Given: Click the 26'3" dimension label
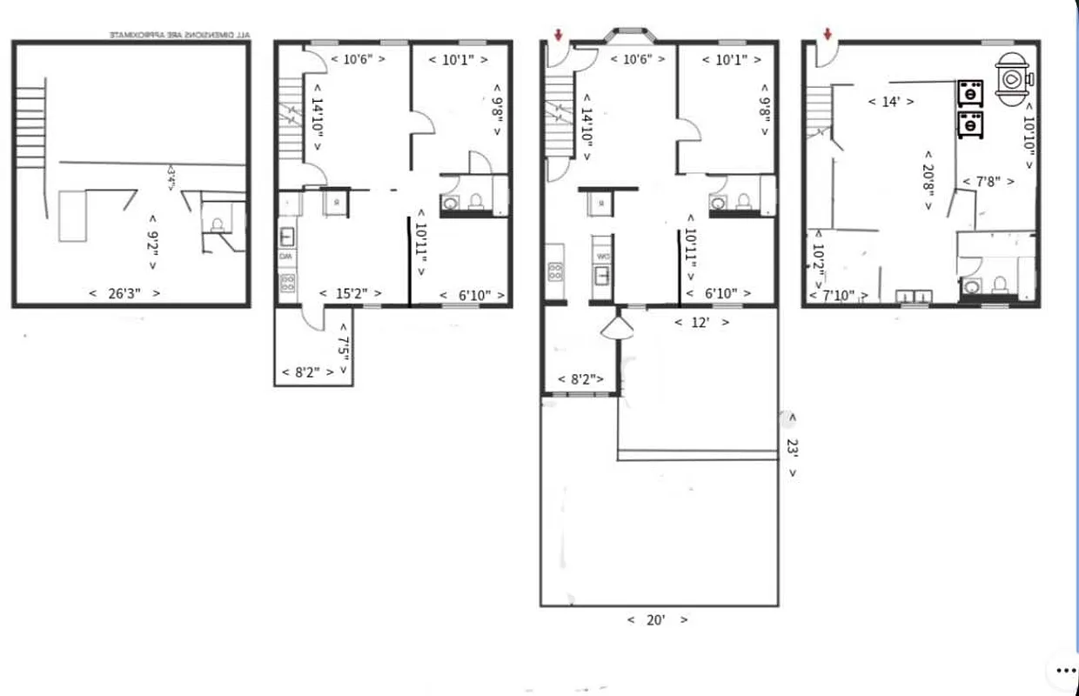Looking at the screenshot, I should click(124, 293).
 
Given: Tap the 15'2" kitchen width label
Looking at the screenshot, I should click(350, 294).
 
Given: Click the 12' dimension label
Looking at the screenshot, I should click(701, 322).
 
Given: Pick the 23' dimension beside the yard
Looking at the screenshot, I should click(792, 446).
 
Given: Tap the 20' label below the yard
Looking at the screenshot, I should click(657, 620).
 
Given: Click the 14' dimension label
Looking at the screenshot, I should click(890, 102).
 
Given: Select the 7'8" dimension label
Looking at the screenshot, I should click(988, 182).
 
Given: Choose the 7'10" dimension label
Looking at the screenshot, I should click(838, 296).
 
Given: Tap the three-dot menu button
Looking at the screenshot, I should click(1065, 670).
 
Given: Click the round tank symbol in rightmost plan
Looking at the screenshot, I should click(1013, 78).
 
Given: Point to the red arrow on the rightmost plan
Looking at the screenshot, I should click(827, 34).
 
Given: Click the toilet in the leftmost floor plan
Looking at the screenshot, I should click(216, 224).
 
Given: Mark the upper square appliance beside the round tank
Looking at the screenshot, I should click(969, 91).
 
